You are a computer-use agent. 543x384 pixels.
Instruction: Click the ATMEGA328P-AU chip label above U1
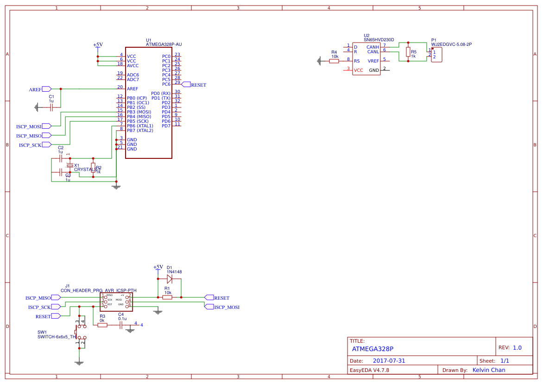pyautogui.click(x=164, y=44)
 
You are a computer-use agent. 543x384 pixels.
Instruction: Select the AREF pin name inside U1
pyautogui.click(x=133, y=89)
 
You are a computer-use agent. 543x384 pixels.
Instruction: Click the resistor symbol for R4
pyautogui.click(x=334, y=61)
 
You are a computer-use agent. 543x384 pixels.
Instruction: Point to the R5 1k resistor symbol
pyautogui.click(x=408, y=52)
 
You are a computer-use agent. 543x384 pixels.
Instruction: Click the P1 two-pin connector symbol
pyautogui.click(x=436, y=55)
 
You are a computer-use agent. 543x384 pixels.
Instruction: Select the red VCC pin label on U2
pyautogui.click(x=358, y=70)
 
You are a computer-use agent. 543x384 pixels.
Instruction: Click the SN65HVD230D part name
pyautogui.click(x=379, y=40)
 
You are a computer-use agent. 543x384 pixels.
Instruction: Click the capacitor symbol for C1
pyautogui.click(x=51, y=107)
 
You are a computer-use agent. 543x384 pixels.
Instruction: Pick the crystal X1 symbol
pyautogui.click(x=70, y=165)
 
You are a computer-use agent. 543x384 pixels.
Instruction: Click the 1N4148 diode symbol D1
pyautogui.click(x=170, y=279)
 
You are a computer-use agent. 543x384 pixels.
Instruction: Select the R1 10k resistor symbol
pyautogui.click(x=167, y=297)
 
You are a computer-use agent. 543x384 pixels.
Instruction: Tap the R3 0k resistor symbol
pyautogui.click(x=102, y=325)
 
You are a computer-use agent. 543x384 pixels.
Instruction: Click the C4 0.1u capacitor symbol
pyautogui.click(x=121, y=325)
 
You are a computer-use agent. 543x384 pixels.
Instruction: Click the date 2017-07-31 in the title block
pyautogui.click(x=389, y=361)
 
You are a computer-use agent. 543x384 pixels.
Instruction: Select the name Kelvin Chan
pyautogui.click(x=488, y=370)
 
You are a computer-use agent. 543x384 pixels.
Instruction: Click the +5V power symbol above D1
pyautogui.click(x=158, y=267)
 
